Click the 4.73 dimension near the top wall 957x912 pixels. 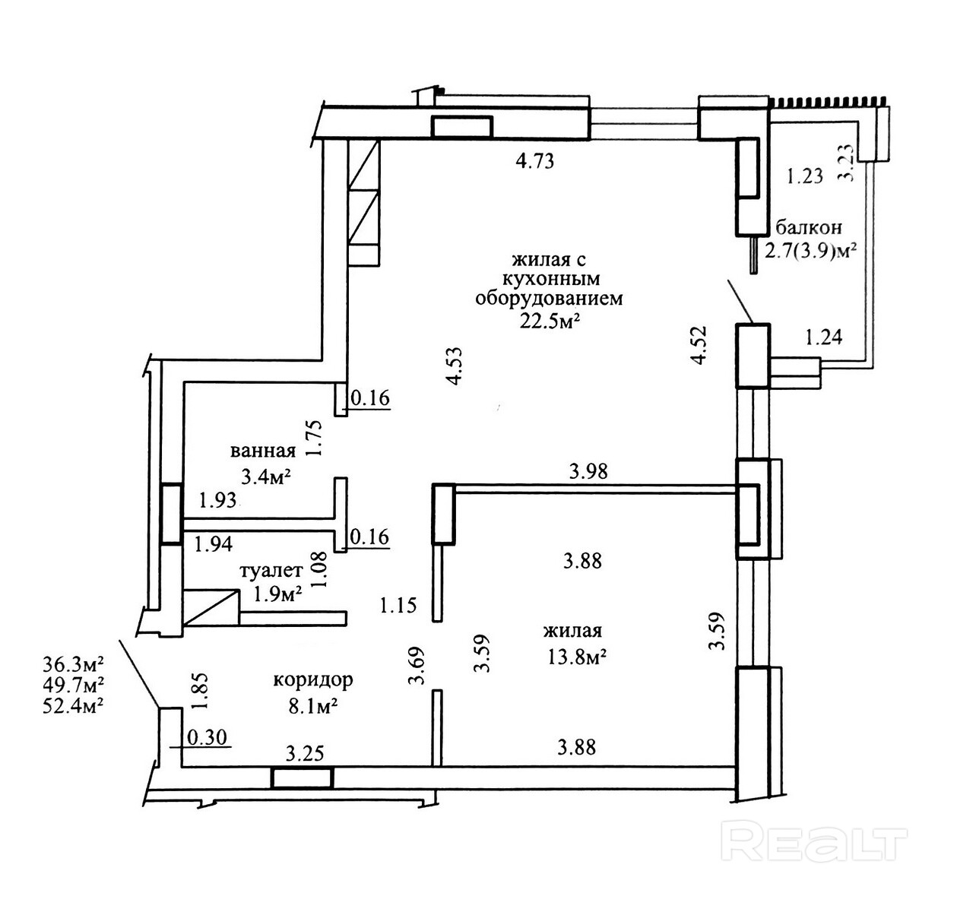click(535, 160)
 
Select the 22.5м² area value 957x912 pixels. click(549, 321)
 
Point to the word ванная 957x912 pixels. click(263, 451)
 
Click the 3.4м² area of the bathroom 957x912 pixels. click(267, 477)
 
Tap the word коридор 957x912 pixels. click(313, 679)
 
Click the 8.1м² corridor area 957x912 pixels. click(312, 706)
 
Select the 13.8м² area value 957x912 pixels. click(574, 657)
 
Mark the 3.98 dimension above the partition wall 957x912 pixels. click(589, 471)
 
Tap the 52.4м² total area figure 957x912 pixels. click(73, 704)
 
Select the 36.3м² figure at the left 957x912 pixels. click(73, 664)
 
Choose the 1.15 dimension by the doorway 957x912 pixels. click(399, 605)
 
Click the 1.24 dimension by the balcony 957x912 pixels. click(823, 336)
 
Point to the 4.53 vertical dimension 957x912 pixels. click(455, 366)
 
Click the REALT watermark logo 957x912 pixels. click(817, 842)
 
